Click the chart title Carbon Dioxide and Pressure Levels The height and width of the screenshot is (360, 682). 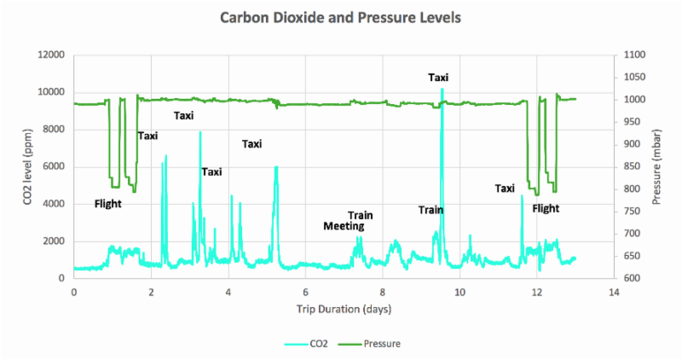click(341, 17)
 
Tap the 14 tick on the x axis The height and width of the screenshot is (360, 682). click(614, 293)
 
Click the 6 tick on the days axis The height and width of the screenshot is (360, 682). click(305, 293)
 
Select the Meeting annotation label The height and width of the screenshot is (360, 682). click(344, 226)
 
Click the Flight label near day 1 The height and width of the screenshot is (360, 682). click(107, 204)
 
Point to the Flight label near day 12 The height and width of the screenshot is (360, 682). click(546, 208)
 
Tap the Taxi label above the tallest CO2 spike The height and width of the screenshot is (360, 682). click(438, 78)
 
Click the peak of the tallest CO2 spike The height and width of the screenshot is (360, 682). click(442, 90)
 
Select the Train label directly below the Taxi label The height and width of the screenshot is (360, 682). click(431, 210)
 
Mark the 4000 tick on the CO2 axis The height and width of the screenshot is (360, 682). click(53, 204)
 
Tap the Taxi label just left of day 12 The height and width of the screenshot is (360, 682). click(505, 189)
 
